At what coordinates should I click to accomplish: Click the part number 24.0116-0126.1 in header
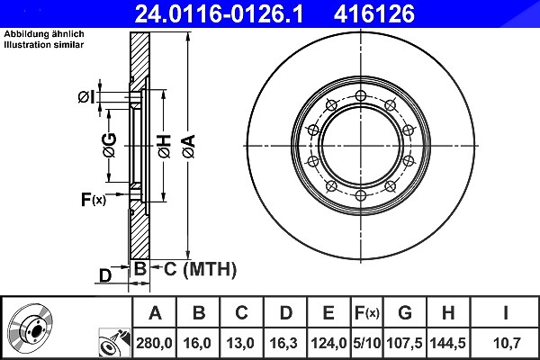pos(219,14)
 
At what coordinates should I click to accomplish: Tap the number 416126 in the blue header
pos(374,14)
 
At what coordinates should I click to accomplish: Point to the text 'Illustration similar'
pos(44,45)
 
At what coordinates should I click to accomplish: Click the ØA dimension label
pos(189,147)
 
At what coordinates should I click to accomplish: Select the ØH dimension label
pos(165,147)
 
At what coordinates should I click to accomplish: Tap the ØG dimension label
pos(109,145)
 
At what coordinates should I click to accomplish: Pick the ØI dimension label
pos(85,97)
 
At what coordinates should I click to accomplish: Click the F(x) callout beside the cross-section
pos(94,200)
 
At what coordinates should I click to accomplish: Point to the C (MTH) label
pos(200,269)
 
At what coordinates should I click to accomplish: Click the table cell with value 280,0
pos(154,343)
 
